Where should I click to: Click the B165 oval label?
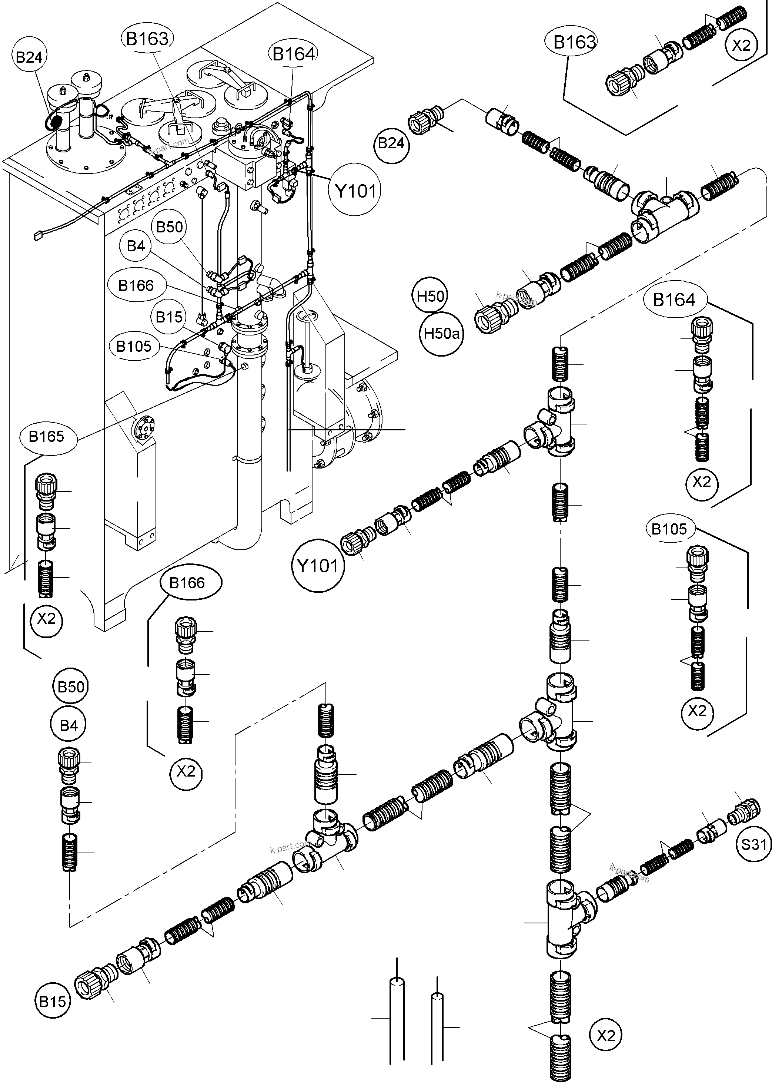coord(46,436)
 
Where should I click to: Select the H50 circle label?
coord(430,297)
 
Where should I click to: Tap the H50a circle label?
coord(442,334)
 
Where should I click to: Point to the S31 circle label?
coord(754,844)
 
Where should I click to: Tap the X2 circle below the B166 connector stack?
coord(186,772)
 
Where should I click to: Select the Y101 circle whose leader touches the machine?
coord(355,191)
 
